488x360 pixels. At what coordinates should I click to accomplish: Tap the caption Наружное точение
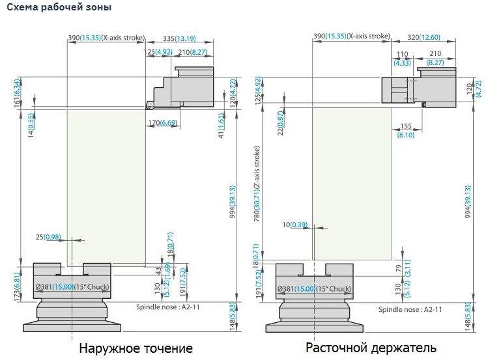tap(136, 348)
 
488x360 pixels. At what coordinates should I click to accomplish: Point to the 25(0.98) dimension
tap(49, 236)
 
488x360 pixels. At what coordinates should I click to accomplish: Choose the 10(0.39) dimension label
tap(295, 225)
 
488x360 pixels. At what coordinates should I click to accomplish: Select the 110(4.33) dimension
tap(402, 58)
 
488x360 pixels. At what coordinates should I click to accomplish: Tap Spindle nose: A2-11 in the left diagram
tap(167, 305)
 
